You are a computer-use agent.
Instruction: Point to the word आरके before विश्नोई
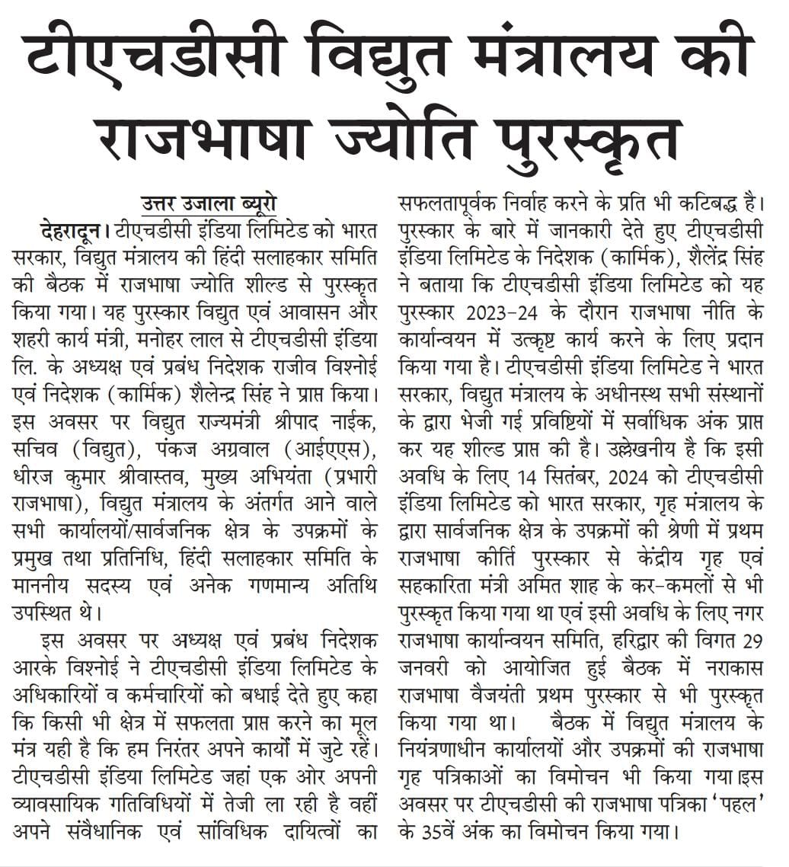pos(35,667)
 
